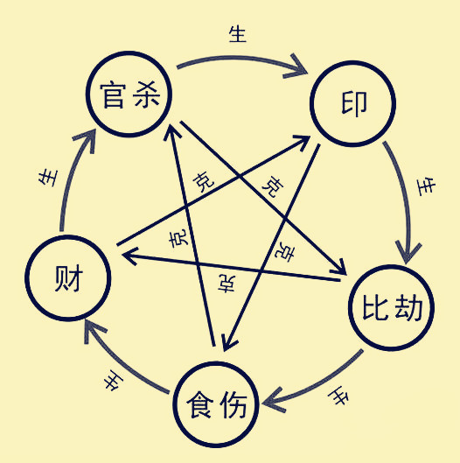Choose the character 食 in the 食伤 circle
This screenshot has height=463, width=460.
[201, 404]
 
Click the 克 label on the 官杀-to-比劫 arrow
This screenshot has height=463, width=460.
[273, 186]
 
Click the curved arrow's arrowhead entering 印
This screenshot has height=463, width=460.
[308, 67]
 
